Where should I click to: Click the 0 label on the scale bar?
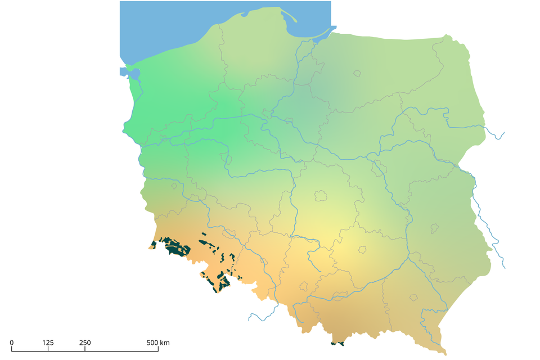pos(12,343)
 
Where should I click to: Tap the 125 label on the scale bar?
pos(48,343)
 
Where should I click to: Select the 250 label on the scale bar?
pos(85,343)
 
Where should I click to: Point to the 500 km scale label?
pos(158,343)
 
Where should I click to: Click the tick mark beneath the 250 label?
pos(85,349)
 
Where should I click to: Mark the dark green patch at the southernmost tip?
pos(338,343)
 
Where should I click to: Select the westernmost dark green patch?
pos(153,245)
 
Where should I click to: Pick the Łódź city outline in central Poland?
pos(321,196)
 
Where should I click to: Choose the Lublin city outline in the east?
pos(434,228)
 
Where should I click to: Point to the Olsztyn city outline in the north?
pos(357,73)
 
